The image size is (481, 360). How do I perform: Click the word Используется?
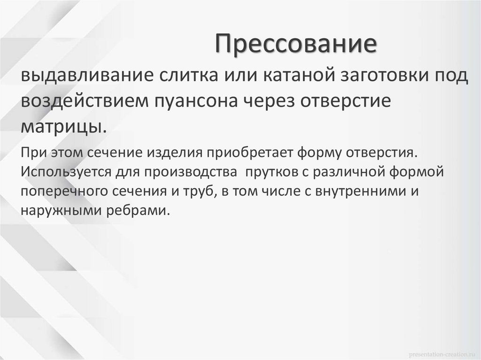pos(63,172)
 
